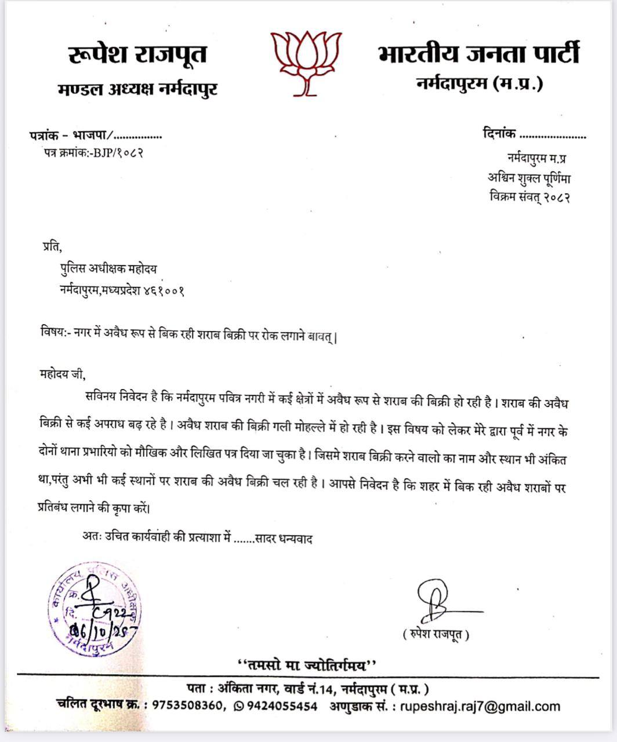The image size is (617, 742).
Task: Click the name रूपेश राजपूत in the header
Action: tap(137, 55)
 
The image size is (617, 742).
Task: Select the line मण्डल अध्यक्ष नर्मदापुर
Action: tap(138, 89)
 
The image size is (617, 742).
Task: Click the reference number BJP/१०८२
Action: tap(114, 153)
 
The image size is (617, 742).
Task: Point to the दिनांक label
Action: tap(499, 134)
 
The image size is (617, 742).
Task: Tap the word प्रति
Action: tap(51, 248)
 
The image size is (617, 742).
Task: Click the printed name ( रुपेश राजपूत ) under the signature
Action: tap(435, 635)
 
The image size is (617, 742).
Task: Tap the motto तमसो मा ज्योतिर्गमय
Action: tap(308, 664)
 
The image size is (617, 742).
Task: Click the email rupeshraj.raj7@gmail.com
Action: tap(480, 706)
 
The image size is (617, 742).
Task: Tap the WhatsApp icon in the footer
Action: tap(238, 706)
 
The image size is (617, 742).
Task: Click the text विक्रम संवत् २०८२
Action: tap(529, 197)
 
